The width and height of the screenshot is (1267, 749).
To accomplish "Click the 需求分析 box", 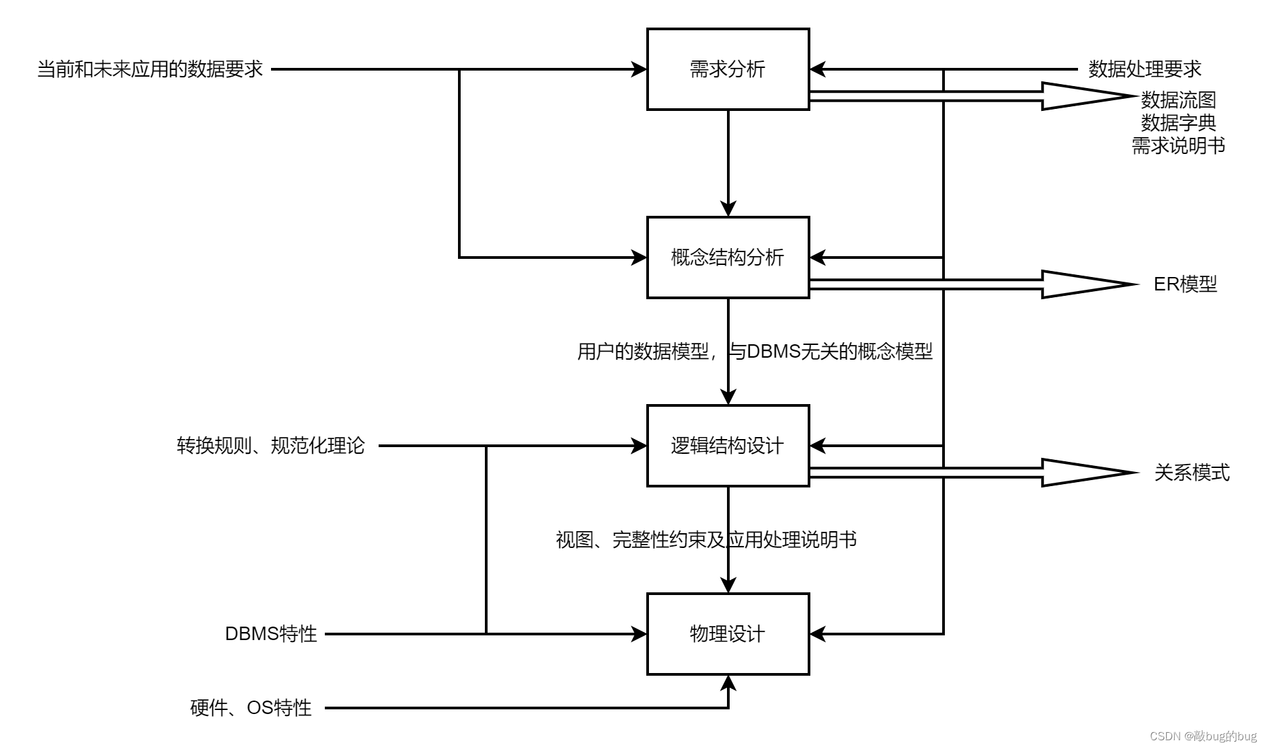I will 728,69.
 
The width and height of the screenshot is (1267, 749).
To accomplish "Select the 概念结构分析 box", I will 728,258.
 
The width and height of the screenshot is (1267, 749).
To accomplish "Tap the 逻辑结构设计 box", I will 728,446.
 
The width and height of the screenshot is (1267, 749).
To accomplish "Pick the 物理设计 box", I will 728,634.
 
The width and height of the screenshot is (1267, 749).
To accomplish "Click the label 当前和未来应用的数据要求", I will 150,69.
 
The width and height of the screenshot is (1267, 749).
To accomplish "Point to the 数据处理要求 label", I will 1145,69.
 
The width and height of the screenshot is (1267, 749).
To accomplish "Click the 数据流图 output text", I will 1178,100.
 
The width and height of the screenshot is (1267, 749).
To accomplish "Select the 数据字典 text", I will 1178,123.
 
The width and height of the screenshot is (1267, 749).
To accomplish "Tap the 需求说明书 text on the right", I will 1178,146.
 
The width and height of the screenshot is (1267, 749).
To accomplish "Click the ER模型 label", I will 1185,284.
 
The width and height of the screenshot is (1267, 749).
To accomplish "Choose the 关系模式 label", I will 1192,473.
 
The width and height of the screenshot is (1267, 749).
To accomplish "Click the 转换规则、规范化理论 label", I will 270,446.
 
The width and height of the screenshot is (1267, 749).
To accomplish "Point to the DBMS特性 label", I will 270,634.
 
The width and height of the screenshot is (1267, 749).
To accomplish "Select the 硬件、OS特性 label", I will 251,708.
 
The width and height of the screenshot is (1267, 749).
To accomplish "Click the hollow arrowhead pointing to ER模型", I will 1083,284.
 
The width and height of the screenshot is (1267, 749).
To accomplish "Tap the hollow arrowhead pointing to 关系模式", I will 1083,473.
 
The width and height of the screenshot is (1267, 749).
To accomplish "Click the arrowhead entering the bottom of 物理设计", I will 728,683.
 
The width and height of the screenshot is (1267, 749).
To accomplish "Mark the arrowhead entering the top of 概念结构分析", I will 728,208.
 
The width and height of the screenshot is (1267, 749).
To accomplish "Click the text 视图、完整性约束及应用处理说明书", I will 706,540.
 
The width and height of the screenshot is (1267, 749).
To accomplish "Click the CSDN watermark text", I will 1202,736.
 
